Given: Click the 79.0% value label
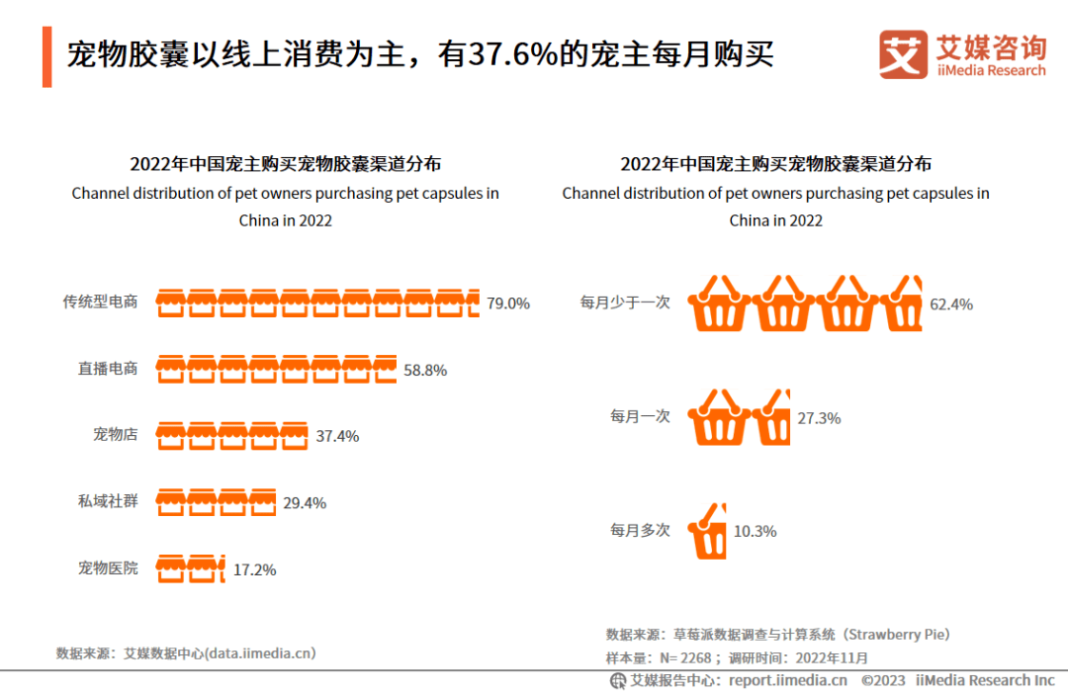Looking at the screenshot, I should coord(508,304).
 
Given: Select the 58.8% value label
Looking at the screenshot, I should coord(425,371).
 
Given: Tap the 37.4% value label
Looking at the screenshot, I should coord(337,436).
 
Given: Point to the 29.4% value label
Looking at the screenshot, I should coord(305,503).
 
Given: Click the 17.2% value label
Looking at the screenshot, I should coord(254,569).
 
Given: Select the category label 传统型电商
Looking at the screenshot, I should coord(100,303).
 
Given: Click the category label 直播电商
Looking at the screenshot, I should coord(108,369).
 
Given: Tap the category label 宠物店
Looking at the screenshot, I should coord(115,434).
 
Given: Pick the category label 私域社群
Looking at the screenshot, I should coord(108,501).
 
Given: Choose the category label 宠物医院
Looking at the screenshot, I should coord(108,568).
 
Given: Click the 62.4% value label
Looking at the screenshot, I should coord(951,304).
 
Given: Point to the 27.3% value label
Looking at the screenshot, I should coord(819,418).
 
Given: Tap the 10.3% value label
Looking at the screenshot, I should coord(755,531).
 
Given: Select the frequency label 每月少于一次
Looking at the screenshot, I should coord(625,303).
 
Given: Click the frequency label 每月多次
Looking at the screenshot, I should coord(640,531).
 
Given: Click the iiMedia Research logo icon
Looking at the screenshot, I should coord(904,54).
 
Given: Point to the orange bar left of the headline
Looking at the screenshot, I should coord(46,57).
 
